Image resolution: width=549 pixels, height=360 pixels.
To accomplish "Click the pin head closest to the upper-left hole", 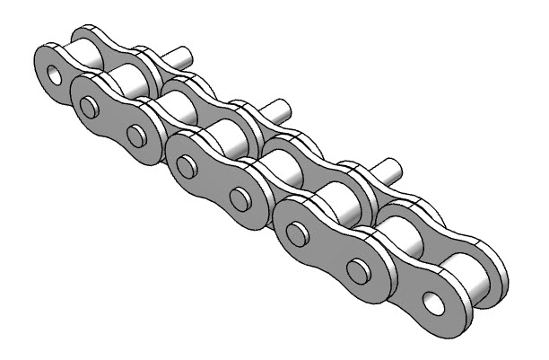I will [x=88, y=108].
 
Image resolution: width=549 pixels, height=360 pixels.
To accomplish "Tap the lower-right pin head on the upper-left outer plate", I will [x=135, y=136].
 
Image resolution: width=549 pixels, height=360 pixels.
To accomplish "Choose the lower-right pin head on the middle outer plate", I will [x=239, y=196].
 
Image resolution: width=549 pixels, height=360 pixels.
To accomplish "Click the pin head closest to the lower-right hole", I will [x=358, y=272].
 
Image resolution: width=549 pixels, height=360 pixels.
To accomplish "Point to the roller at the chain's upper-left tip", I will [x=89, y=57].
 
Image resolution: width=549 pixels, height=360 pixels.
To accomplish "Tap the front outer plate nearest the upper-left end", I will [x=111, y=120].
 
